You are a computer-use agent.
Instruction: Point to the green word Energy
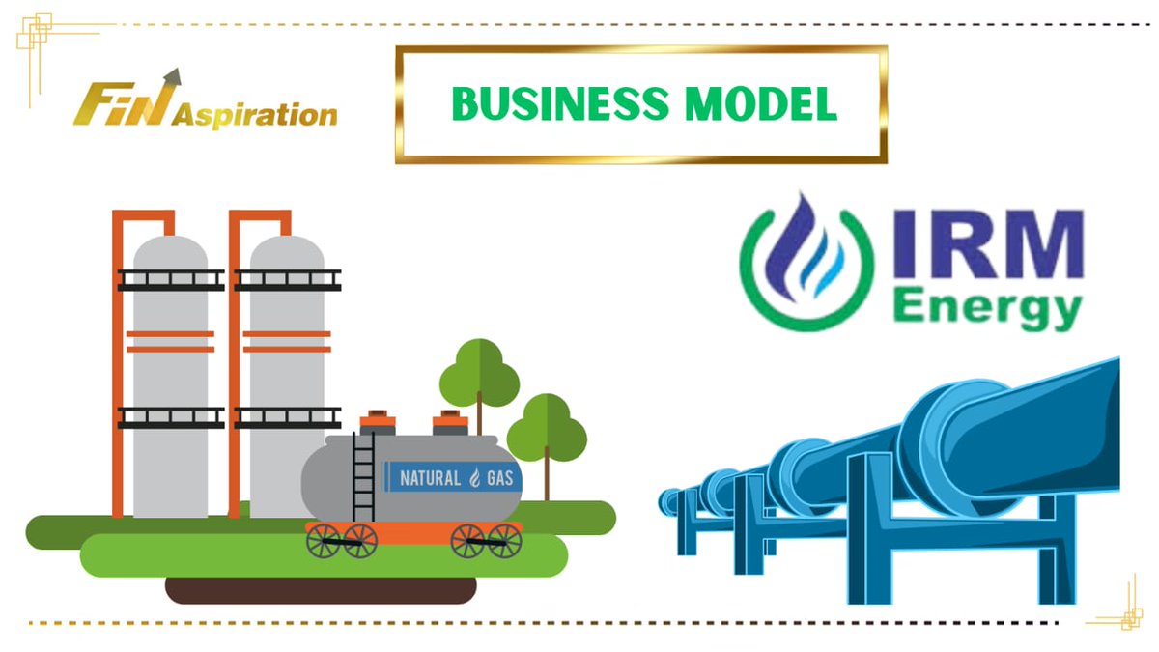pos(985,309)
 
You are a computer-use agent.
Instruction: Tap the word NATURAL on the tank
pos(430,477)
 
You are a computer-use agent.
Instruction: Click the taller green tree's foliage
pos(479,373)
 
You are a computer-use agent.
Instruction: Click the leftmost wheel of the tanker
pos(325,541)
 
